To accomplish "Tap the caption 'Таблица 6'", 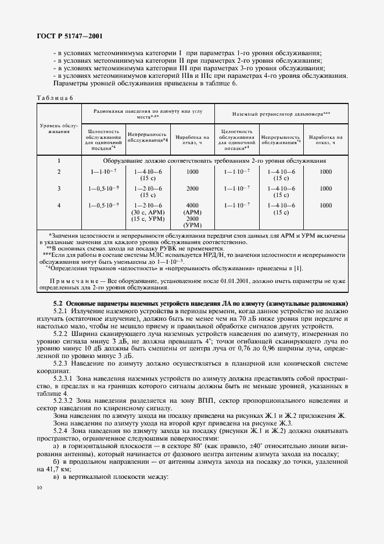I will click(x=55, y=98).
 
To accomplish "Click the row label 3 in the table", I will click(x=59, y=188).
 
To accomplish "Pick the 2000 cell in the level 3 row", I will click(x=192, y=188).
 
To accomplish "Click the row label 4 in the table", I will click(x=59, y=205).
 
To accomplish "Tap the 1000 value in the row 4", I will click(x=325, y=205).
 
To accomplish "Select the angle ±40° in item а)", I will click(x=256, y=446).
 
